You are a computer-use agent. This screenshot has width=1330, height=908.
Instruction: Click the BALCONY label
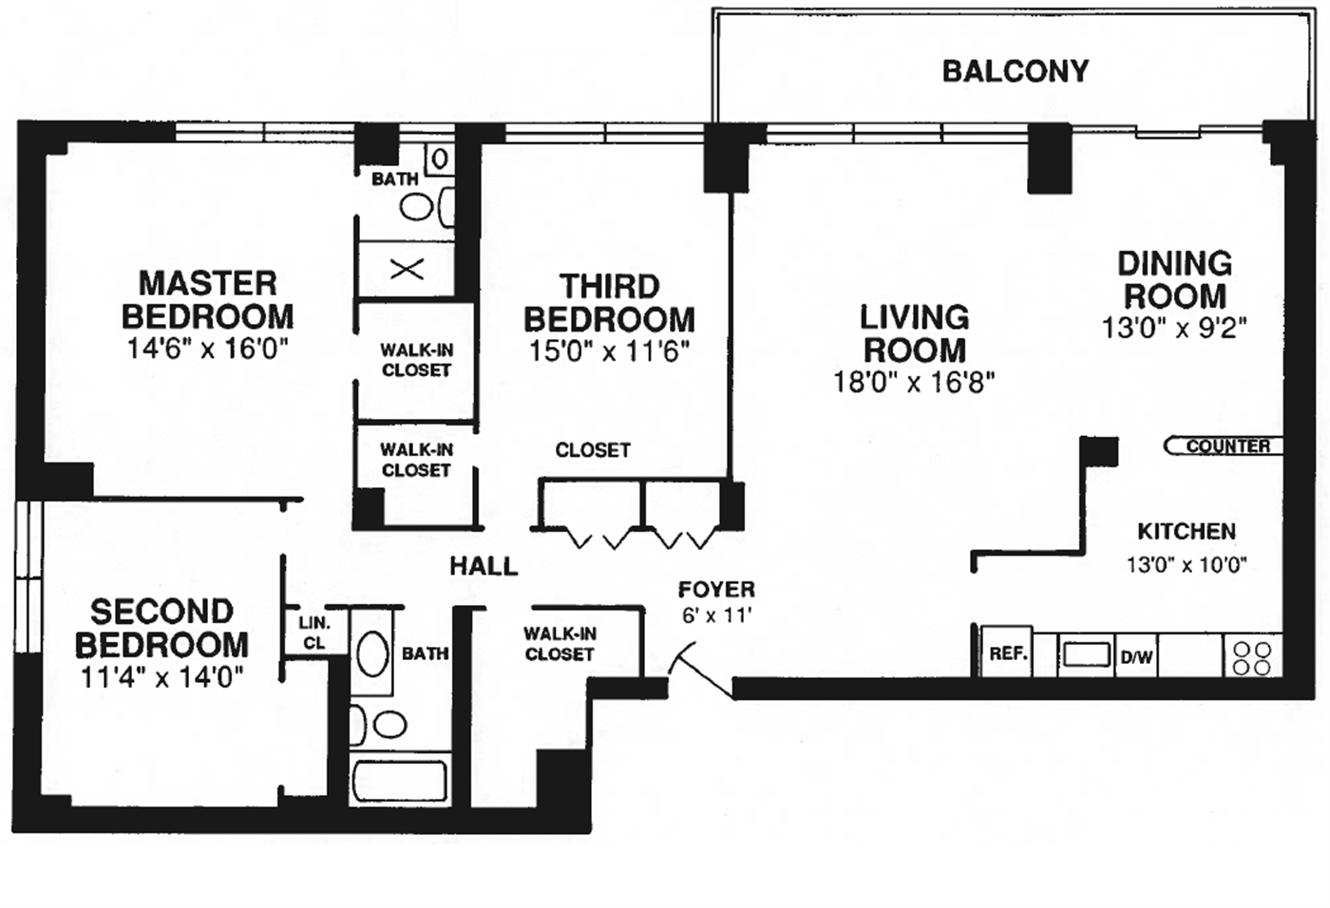click(1015, 71)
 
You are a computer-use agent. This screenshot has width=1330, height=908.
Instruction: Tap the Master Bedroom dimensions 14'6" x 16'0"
click(207, 349)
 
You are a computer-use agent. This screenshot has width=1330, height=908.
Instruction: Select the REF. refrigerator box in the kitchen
click(1007, 653)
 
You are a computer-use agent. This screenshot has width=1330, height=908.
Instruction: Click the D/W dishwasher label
click(1136, 656)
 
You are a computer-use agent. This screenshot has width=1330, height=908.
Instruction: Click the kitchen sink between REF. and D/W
click(1086, 654)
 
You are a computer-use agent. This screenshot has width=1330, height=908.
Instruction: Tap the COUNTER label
click(1226, 445)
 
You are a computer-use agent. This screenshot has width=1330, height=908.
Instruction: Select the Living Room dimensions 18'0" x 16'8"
click(913, 382)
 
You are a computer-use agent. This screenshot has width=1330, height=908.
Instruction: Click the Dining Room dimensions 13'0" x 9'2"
click(1173, 328)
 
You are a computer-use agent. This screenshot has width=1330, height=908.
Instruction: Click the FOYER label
click(716, 590)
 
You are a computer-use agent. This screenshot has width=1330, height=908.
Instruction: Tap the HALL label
click(484, 567)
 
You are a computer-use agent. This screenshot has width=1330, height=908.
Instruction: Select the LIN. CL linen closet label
click(314, 634)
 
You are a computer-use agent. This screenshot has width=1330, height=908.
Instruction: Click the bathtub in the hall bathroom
click(400, 780)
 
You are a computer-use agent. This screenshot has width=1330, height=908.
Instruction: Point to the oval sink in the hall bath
click(371, 653)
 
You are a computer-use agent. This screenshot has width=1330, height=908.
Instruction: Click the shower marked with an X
click(407, 270)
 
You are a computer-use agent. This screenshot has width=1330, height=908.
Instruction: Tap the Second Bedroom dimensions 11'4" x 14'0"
click(161, 677)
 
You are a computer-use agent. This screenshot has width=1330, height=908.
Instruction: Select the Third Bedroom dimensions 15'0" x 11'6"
click(609, 351)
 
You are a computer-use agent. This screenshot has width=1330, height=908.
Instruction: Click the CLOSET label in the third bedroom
click(593, 450)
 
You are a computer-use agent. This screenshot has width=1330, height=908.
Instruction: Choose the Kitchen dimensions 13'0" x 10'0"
click(1186, 565)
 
